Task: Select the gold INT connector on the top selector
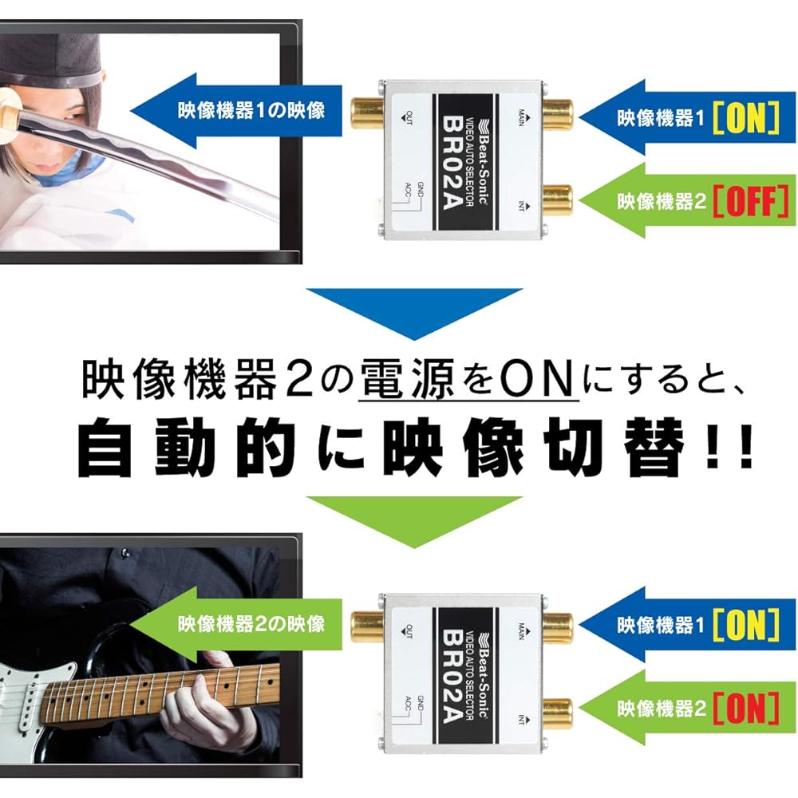pos(556,199)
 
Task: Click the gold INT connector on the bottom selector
pos(556,712)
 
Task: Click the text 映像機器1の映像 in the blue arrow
pos(251,109)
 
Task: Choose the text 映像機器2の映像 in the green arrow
pos(251,623)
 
